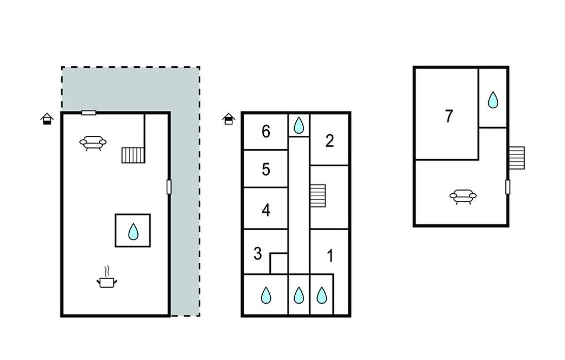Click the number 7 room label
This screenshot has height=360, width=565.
pyautogui.click(x=449, y=117)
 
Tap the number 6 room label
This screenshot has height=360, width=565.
pyautogui.click(x=266, y=132)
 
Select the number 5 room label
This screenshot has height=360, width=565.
pyautogui.click(x=266, y=170)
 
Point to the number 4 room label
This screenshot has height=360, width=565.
pyautogui.click(x=266, y=210)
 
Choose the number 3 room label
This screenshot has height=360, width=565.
pyautogui.click(x=258, y=254)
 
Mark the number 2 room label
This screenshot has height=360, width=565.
pyautogui.click(x=329, y=141)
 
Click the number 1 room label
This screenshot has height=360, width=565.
pyautogui.click(x=330, y=256)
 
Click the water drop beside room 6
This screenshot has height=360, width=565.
pyautogui.click(x=299, y=125)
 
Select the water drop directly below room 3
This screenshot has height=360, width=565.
pyautogui.click(x=266, y=296)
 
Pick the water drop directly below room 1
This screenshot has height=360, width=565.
pyautogui.click(x=322, y=296)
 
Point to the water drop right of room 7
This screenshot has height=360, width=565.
pyautogui.click(x=493, y=100)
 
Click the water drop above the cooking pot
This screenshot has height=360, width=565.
pyautogui.click(x=133, y=231)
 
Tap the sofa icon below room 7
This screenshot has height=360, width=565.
pyautogui.click(x=462, y=196)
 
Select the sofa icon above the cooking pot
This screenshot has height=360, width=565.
pyautogui.click(x=93, y=144)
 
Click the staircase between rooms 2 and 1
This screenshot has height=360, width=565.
pyautogui.click(x=318, y=195)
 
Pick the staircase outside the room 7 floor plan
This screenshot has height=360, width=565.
pyautogui.click(x=516, y=157)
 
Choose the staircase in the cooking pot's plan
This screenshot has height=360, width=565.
pyautogui.click(x=133, y=155)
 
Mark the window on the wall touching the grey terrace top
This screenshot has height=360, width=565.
pyautogui.click(x=88, y=113)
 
